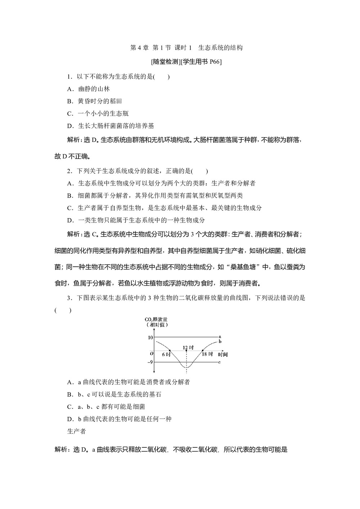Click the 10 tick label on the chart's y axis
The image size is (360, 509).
click(150, 337)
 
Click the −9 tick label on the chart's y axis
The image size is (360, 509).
click(149, 362)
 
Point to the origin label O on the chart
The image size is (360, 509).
click(152, 353)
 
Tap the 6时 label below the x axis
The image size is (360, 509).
click(166, 355)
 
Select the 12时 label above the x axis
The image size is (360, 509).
click(188, 347)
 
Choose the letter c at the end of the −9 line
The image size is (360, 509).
click(219, 362)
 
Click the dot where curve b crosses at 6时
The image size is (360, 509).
click(170, 350)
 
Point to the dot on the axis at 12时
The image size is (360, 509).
click(186, 350)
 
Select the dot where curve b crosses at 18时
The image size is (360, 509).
click(202, 350)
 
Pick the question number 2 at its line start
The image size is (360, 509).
click(69, 171)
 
